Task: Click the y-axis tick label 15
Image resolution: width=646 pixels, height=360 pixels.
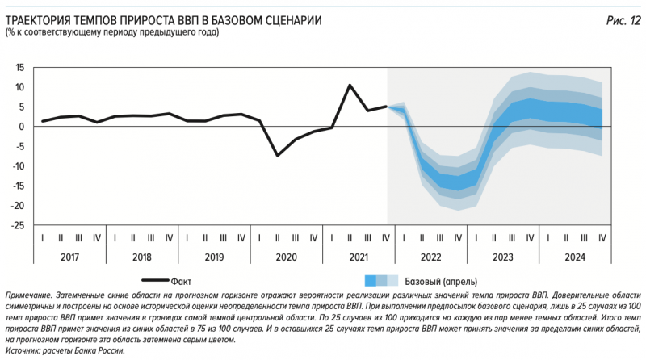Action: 22,67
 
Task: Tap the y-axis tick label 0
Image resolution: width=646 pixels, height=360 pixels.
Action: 24,127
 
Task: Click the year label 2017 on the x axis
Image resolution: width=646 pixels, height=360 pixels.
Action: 70,256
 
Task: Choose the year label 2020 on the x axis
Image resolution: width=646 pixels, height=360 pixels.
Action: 287,256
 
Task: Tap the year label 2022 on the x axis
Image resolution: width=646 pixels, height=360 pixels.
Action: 431,256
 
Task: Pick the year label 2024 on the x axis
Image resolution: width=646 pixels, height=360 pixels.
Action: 575,256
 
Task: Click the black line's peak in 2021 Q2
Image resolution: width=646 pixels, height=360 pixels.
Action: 350,85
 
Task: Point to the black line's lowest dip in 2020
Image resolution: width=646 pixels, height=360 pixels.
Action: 278,155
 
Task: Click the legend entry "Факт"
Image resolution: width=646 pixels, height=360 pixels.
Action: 182,281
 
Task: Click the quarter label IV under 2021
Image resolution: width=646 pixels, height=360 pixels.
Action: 386,238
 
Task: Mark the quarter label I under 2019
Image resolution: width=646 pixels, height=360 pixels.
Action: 187,238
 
